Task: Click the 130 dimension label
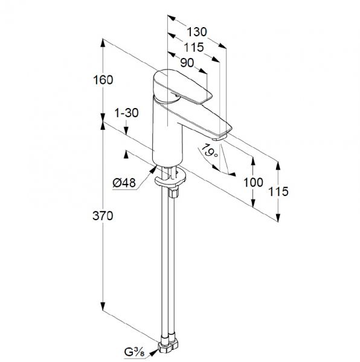(x=197, y=32)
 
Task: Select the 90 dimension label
(x=187, y=63)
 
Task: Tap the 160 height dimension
(x=103, y=80)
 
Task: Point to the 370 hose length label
(x=103, y=216)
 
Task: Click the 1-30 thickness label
(x=127, y=113)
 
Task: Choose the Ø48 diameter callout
(x=124, y=183)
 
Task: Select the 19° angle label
(x=210, y=150)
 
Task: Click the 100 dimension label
(x=254, y=182)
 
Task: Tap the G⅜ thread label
(x=135, y=352)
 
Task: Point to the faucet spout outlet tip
(x=219, y=138)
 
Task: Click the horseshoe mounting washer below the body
(x=170, y=179)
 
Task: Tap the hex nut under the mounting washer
(x=173, y=192)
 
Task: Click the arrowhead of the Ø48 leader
(x=153, y=170)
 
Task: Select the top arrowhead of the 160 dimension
(x=103, y=43)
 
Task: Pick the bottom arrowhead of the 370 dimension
(x=103, y=306)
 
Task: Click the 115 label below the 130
(x=194, y=47)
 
